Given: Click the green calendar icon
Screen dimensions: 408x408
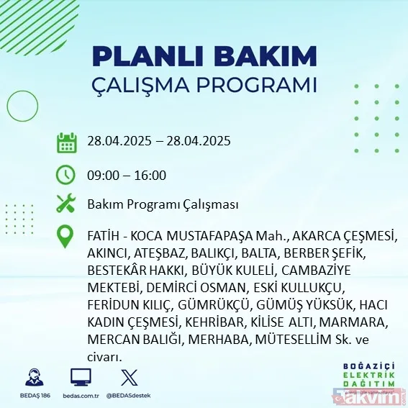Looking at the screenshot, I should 66,142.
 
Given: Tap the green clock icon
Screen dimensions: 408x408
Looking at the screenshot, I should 66,174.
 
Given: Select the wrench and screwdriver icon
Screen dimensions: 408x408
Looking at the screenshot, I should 66,204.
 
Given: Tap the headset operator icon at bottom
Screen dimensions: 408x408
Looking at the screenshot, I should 32,377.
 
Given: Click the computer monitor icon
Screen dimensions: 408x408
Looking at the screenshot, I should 80,376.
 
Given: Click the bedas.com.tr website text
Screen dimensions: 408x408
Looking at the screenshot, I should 80,395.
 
